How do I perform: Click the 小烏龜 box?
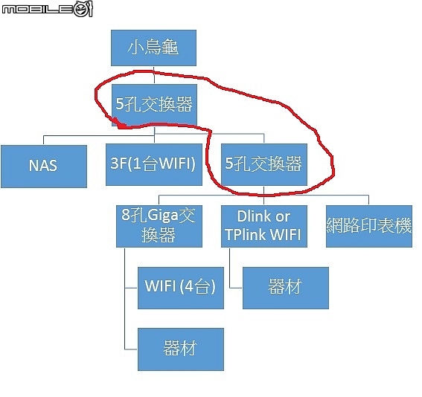tap(153, 48)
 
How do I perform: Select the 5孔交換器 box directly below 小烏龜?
tap(155, 105)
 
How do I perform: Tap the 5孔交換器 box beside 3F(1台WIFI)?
tap(264, 164)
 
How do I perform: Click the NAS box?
tap(44, 167)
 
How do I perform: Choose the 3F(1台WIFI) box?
tap(154, 164)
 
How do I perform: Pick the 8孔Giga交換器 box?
tap(159, 226)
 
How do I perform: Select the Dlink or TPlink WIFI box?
tap(264, 226)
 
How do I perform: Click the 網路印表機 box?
tap(369, 226)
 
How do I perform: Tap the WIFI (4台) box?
tap(181, 288)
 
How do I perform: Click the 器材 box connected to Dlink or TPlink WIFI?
tap(286, 288)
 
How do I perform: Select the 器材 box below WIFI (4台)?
tap(181, 349)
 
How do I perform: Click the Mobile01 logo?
tap(48, 9)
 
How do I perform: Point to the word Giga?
tap(163, 216)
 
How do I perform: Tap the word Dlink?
tap(254, 216)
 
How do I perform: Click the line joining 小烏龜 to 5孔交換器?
tap(154, 75)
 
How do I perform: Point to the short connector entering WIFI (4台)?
tap(131, 288)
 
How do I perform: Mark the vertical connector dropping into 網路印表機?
tap(368, 200)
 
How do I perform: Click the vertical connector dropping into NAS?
tap(44, 141)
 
